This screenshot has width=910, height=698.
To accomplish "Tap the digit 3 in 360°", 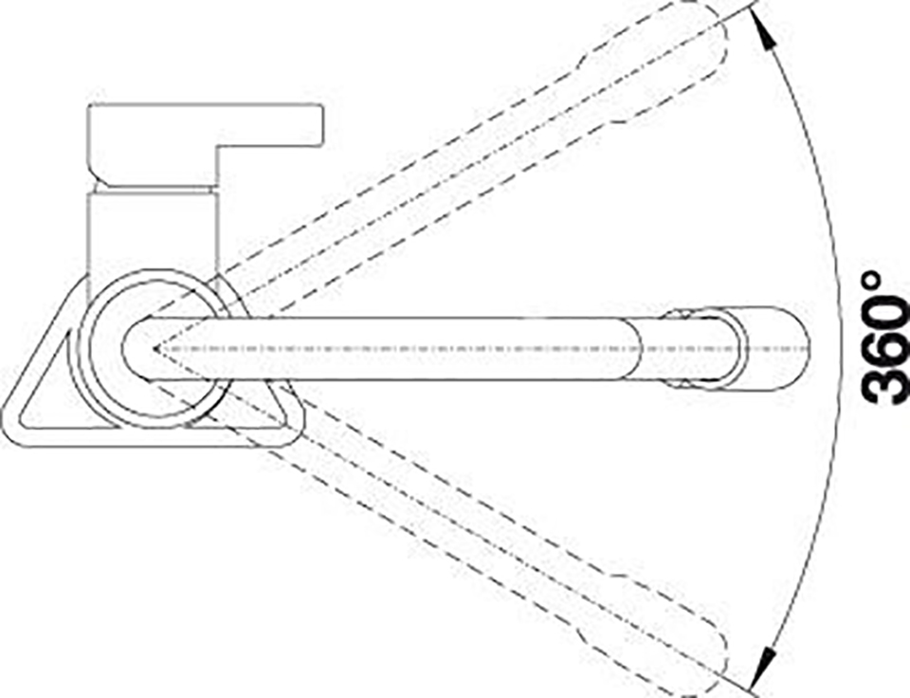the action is click(886, 384).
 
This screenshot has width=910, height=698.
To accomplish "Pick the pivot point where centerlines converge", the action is click(155, 348).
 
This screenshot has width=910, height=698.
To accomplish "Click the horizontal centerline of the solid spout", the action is click(482, 349).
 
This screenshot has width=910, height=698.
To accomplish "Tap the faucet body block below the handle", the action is click(153, 232).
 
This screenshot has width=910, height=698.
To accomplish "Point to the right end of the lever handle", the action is click(321, 125).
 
